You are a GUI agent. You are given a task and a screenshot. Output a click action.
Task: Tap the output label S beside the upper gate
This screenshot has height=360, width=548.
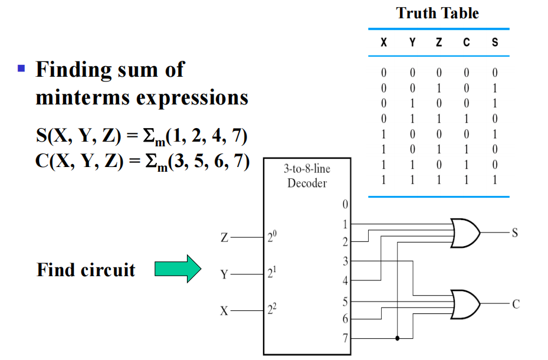514,233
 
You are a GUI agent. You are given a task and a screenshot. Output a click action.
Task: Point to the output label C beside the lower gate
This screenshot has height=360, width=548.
515,305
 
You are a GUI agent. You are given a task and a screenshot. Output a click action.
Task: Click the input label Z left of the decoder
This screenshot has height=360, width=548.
224,238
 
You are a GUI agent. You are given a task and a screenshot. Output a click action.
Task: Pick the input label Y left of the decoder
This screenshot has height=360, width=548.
224,275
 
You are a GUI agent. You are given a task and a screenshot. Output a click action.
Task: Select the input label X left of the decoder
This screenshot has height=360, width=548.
224,311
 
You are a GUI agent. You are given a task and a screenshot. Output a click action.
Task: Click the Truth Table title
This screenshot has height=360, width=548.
438,13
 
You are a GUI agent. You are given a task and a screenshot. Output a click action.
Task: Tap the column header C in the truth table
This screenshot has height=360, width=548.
466,42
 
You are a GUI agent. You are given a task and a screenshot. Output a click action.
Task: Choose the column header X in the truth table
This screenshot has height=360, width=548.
383,42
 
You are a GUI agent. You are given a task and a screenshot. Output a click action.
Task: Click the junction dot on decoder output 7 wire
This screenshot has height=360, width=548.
398,339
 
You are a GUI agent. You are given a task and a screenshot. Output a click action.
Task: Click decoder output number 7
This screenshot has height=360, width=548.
344,339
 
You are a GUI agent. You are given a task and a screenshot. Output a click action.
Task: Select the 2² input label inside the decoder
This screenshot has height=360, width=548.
271,310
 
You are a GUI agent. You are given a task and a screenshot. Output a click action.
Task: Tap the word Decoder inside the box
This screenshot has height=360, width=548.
307,183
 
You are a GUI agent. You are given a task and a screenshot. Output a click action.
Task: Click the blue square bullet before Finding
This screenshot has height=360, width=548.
22,68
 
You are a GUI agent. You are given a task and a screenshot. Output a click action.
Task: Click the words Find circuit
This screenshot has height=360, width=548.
86,270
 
